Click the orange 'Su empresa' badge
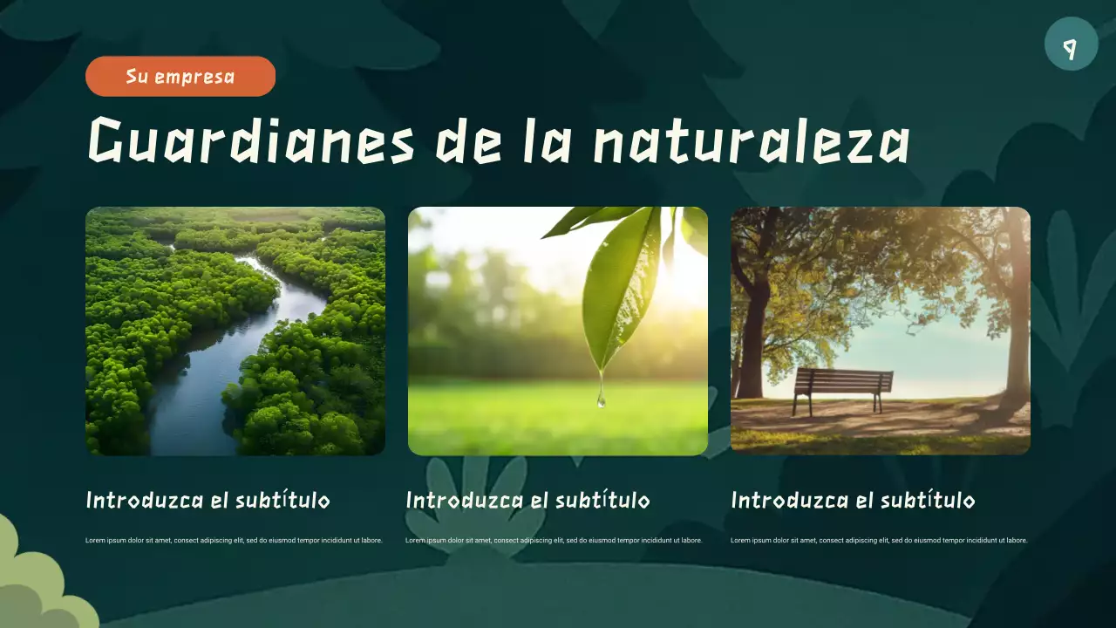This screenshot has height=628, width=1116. point(180,76)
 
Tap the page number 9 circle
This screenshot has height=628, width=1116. point(1071,44)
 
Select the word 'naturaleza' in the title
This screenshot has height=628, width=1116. point(752,141)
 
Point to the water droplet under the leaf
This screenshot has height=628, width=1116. point(601,400)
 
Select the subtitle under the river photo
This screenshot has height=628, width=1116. point(208,501)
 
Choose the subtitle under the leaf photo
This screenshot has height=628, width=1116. point(527,501)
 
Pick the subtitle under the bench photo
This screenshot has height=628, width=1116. point(853,501)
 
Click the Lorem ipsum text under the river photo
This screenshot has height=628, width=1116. point(234,541)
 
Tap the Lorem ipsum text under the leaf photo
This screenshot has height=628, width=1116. point(554,541)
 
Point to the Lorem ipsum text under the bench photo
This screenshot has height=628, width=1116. point(879,541)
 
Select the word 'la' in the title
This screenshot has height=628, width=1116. point(542,141)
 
